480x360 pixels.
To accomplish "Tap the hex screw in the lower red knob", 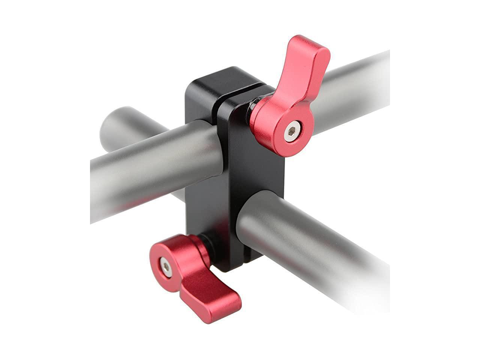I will tap(166, 266).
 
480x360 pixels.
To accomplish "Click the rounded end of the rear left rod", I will tap(109, 124).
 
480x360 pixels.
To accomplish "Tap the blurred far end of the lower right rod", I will tap(371, 285).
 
